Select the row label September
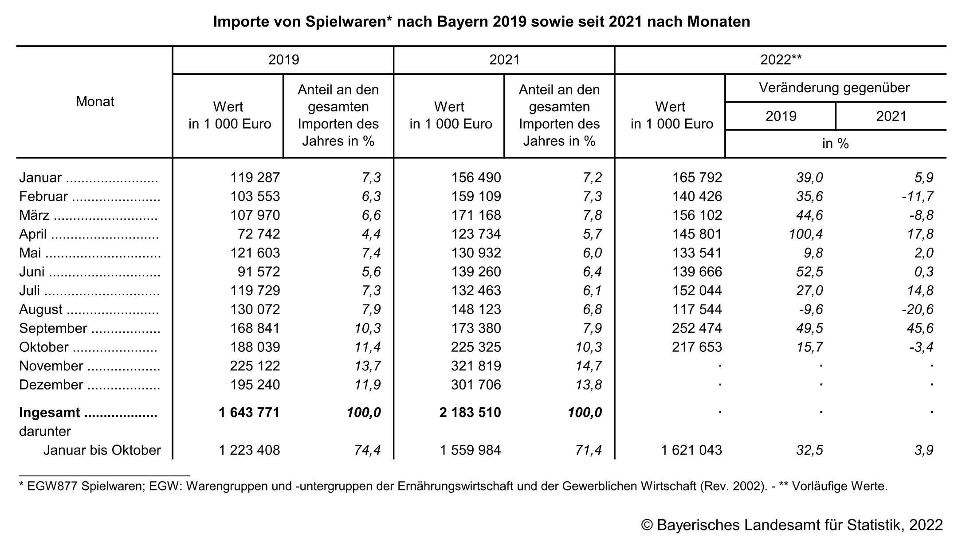(x=53, y=328)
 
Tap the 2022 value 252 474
(x=697, y=328)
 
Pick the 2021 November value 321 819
(x=476, y=366)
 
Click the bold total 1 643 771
(x=249, y=413)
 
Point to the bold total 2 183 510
(x=470, y=413)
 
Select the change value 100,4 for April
(x=806, y=234)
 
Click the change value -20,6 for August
(x=918, y=309)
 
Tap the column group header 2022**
(x=781, y=60)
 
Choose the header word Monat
(x=95, y=101)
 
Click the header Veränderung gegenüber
(x=834, y=88)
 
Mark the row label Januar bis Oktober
(x=102, y=450)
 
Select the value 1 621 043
(x=691, y=450)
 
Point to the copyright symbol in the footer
(x=647, y=525)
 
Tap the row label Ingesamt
(x=50, y=413)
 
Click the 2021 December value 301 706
(x=476, y=385)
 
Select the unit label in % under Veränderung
(x=835, y=144)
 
